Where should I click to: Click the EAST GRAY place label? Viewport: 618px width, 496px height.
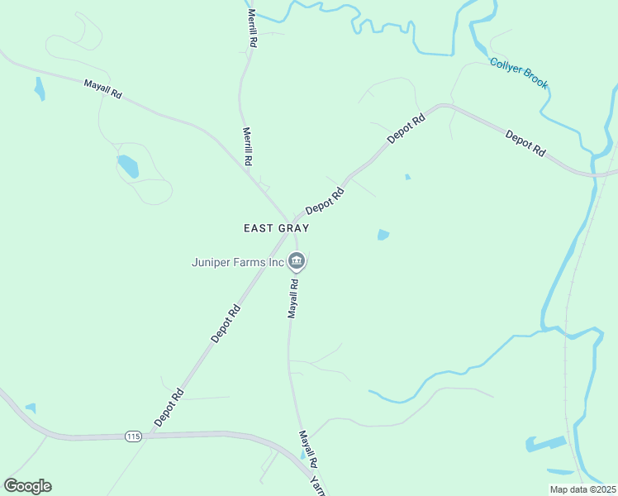pyautogui.click(x=276, y=228)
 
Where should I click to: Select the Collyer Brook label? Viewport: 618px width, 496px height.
pyautogui.click(x=519, y=74)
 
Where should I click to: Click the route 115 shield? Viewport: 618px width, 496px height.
pyautogui.click(x=134, y=436)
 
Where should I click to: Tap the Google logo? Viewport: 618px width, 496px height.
pyautogui.click(x=27, y=486)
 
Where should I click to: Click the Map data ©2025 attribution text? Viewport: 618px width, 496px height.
pyautogui.click(x=582, y=489)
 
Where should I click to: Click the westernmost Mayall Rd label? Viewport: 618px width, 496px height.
pyautogui.click(x=102, y=89)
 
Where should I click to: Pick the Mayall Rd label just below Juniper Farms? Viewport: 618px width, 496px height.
pyautogui.click(x=292, y=298)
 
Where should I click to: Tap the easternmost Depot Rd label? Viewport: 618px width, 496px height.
pyautogui.click(x=525, y=144)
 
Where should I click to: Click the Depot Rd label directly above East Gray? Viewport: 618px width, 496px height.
pyautogui.click(x=325, y=203)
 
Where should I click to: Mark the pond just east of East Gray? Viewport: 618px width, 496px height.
pyautogui.click(x=383, y=235)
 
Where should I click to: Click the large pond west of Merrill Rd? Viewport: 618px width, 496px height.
pyautogui.click(x=128, y=166)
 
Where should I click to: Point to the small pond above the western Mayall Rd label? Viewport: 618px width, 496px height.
pyautogui.click(x=39, y=88)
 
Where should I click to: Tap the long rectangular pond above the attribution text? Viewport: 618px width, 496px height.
pyautogui.click(x=547, y=443)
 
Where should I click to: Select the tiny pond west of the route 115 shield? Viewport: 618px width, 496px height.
pyautogui.click(x=31, y=408)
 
